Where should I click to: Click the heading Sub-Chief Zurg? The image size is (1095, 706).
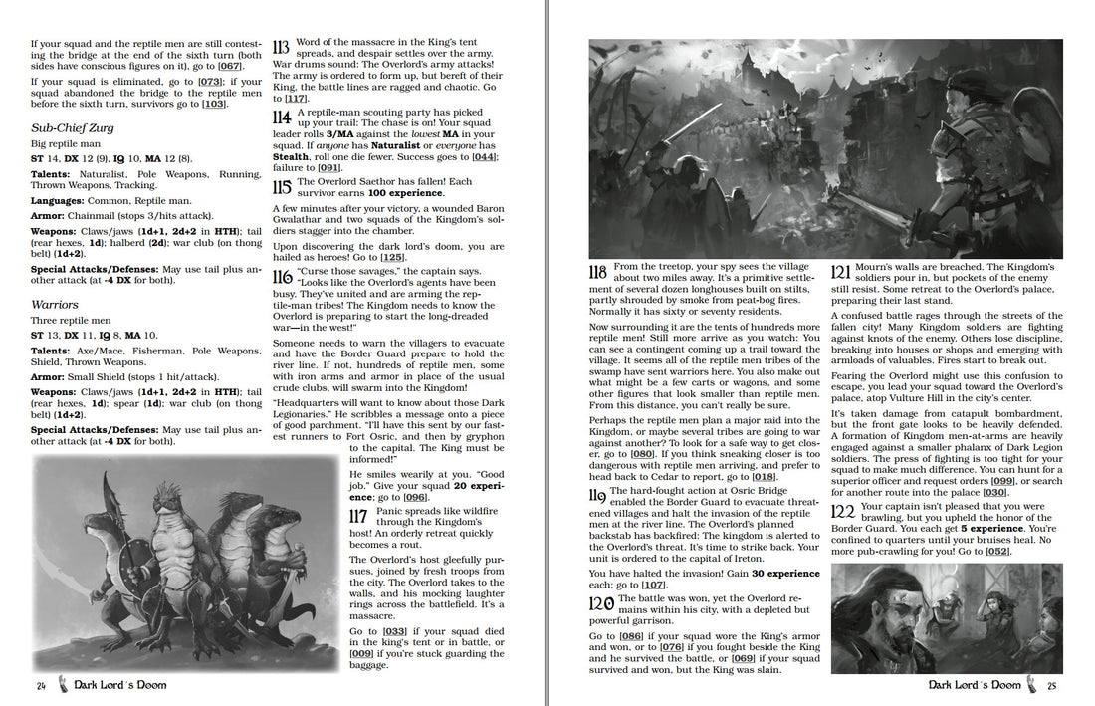pyautogui.click(x=72, y=128)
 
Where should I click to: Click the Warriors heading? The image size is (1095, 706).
pyautogui.click(x=54, y=305)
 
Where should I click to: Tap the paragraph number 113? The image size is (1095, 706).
pyautogui.click(x=280, y=48)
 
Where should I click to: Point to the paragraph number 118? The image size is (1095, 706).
pyautogui.click(x=598, y=272)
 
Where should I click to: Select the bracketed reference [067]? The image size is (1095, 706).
pyautogui.click(x=230, y=66)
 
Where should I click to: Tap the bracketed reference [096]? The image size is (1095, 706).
pyautogui.click(x=414, y=497)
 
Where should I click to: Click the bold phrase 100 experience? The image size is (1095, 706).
pyautogui.click(x=405, y=192)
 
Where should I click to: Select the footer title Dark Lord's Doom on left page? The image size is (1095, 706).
pyautogui.click(x=120, y=684)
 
